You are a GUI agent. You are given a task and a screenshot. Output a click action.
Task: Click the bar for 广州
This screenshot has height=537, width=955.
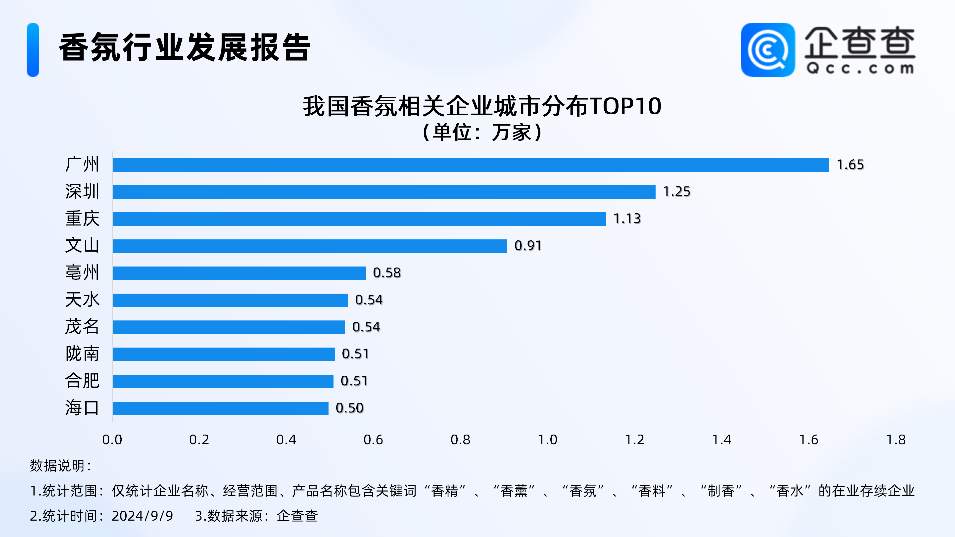pos(471,165)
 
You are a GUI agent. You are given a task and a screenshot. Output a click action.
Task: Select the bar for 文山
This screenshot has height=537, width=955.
pos(310,246)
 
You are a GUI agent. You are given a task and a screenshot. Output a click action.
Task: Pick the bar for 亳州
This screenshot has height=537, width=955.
pos(239,273)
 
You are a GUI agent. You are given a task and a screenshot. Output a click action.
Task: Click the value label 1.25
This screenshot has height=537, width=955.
pos(676,192)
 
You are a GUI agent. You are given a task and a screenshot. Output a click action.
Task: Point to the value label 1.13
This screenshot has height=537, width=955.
pos(627,219)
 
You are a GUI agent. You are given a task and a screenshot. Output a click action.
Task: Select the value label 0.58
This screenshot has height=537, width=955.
pos(387,273)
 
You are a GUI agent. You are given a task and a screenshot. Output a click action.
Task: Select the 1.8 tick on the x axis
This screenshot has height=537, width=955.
pos(896,440)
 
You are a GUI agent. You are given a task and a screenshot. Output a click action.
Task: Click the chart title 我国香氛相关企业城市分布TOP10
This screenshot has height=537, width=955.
pos(482,106)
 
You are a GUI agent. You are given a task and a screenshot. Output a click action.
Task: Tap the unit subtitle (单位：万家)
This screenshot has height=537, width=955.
pos(482,132)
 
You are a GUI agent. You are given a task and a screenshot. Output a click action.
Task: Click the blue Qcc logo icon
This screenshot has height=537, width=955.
pos(767,50)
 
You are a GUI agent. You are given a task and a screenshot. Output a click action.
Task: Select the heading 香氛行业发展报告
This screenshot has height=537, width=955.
pos(185,47)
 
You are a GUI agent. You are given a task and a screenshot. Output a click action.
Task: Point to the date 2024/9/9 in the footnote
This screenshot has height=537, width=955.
pos(142,516)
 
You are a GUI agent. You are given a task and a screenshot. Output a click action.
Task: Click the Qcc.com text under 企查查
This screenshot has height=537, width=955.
pos(860,69)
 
